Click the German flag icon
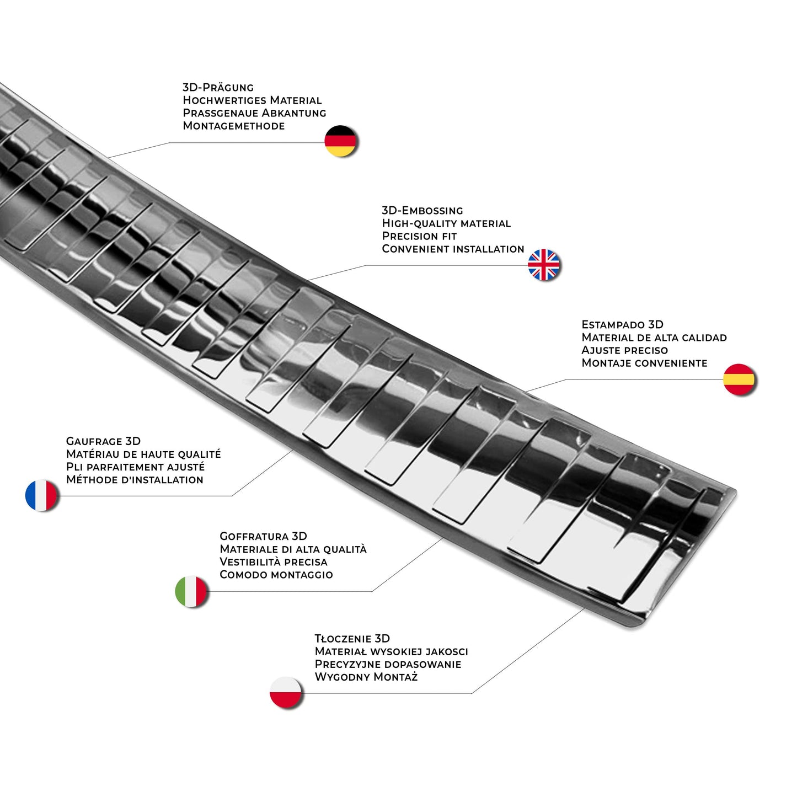tap(340, 141)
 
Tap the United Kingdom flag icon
tap(544, 265)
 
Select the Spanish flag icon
tap(739, 379)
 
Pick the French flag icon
tap(41, 495)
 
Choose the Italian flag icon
tap(191, 591)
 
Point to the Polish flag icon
tap(286, 692)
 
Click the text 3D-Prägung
tap(218, 87)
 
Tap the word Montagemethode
tap(234, 126)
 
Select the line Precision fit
tap(419, 236)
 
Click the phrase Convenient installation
tap(453, 249)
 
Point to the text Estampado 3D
tap(622, 324)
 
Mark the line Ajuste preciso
tap(624, 350)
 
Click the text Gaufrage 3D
tap(103, 441)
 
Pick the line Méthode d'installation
tap(135, 480)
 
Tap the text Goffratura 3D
tap(263, 536)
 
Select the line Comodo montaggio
tap(276, 575)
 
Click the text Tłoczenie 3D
tap(352, 639)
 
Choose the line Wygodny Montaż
tap(366, 677)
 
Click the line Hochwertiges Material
tap(252, 100)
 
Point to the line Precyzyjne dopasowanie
tap(388, 664)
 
